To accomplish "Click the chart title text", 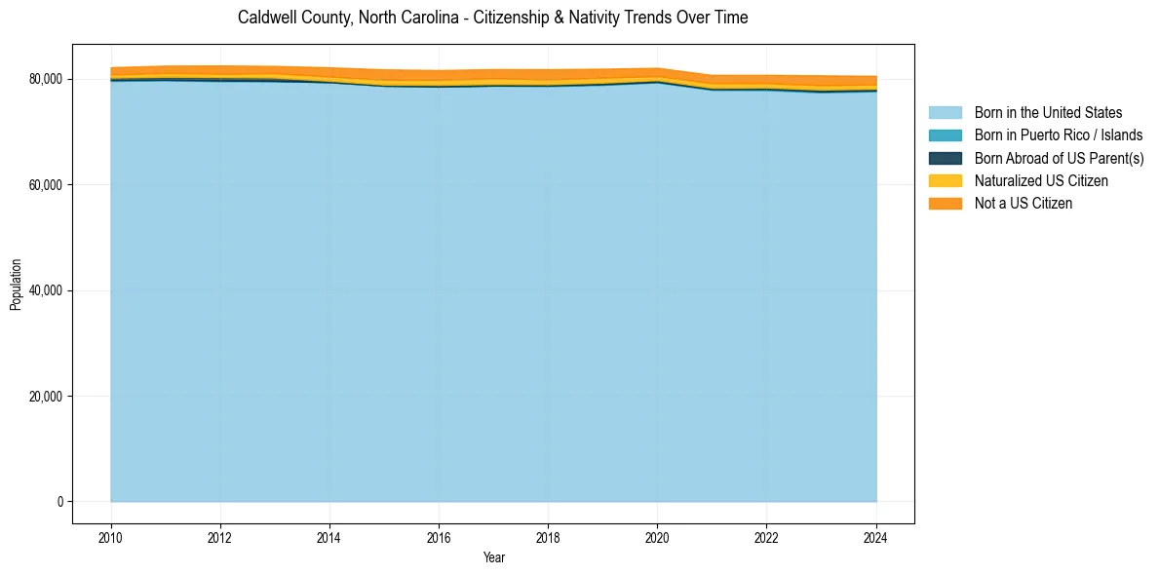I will [x=492, y=18].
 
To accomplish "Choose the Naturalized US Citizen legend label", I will [x=1041, y=181].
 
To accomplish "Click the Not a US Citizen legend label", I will [x=1023, y=204].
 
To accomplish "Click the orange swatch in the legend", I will [x=945, y=204].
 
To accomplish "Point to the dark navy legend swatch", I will [x=945, y=158].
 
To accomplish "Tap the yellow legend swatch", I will [x=945, y=181].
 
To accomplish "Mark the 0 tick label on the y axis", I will [x=59, y=502].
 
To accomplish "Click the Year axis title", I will [x=493, y=557].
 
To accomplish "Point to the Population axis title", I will [x=16, y=285].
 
